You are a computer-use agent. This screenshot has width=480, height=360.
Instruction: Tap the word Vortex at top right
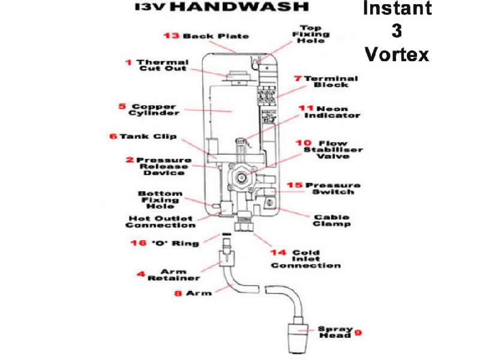[397, 54]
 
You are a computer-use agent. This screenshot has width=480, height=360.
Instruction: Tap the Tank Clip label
[143, 136]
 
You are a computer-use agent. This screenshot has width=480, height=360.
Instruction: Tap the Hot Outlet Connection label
[160, 221]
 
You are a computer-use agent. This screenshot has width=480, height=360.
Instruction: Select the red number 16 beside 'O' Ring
[137, 243]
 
